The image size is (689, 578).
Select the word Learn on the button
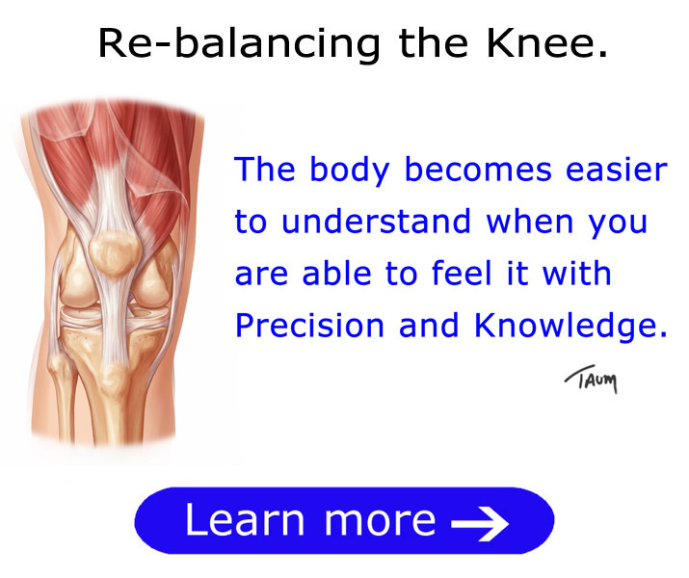(245, 520)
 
